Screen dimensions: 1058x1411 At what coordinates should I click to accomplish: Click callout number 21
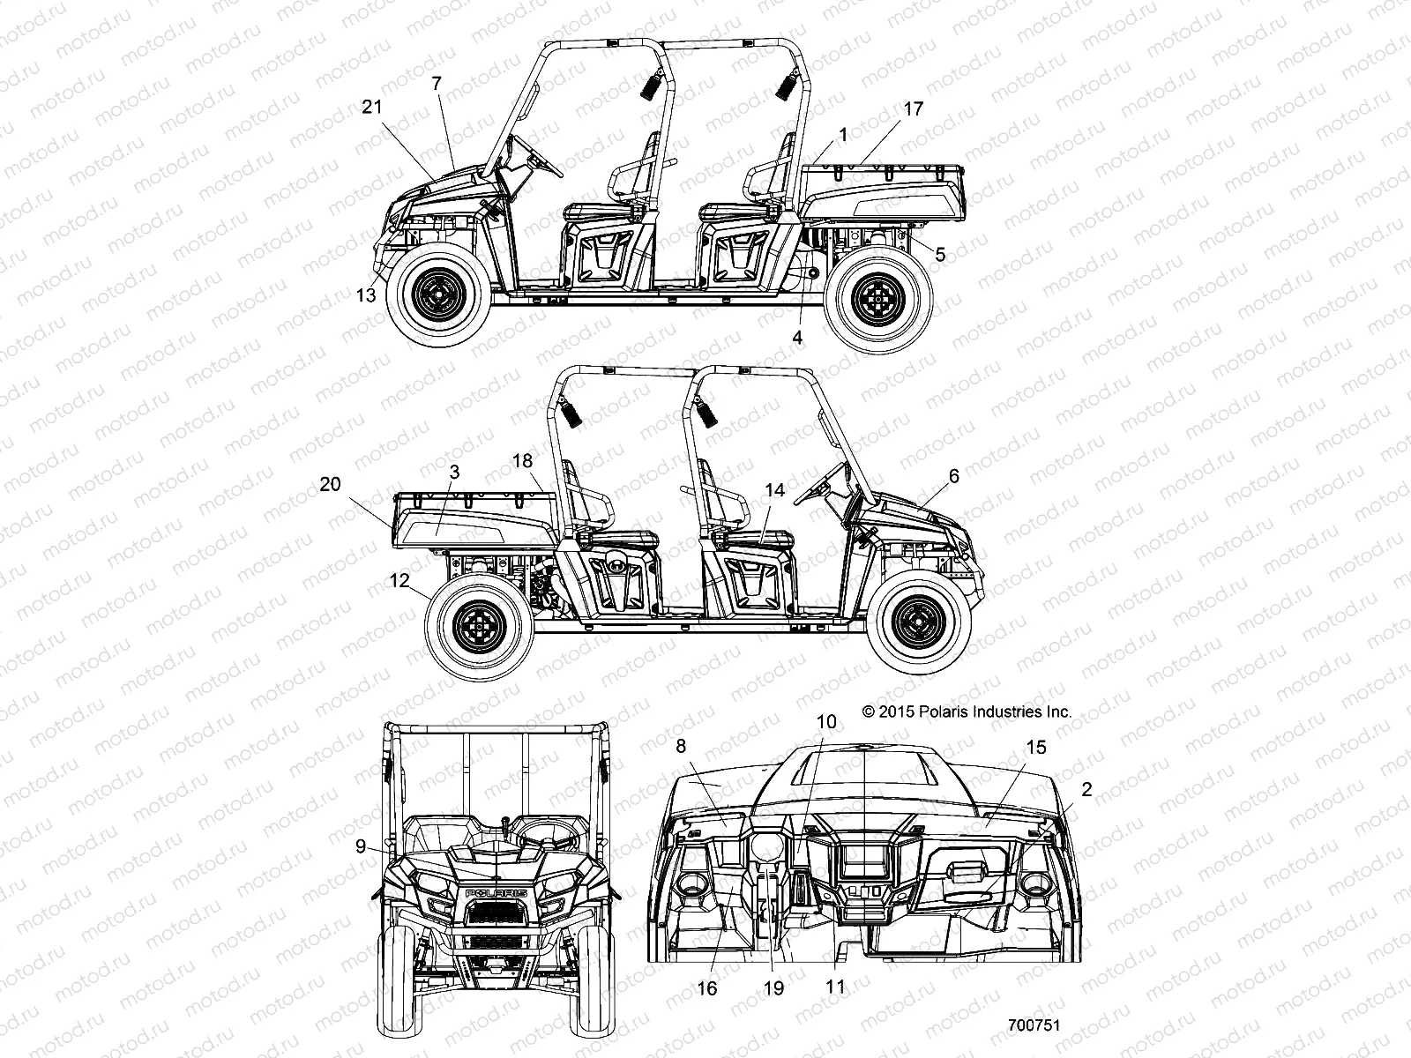[372, 107]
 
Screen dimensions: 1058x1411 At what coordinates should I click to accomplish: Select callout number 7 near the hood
[436, 85]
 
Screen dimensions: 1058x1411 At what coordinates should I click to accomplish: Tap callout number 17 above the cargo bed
[913, 109]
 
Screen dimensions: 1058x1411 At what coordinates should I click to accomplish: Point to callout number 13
[366, 295]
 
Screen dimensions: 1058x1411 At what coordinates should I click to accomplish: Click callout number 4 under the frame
[797, 337]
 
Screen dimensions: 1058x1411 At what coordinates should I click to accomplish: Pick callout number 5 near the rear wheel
[940, 255]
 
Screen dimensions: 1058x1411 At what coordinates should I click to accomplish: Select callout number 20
[330, 484]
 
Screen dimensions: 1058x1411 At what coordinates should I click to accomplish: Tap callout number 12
[399, 581]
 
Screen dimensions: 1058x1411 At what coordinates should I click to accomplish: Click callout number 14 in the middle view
[774, 491]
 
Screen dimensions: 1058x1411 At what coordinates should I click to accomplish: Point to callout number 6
[953, 476]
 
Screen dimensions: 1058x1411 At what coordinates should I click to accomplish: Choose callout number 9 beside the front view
[361, 846]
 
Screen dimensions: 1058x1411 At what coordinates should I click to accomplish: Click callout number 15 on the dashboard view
[1036, 748]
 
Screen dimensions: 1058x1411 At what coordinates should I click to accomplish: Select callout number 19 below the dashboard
[773, 988]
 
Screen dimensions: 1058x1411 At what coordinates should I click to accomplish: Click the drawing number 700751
[1034, 1026]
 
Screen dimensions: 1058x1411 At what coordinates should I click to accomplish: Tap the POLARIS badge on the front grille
[496, 893]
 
